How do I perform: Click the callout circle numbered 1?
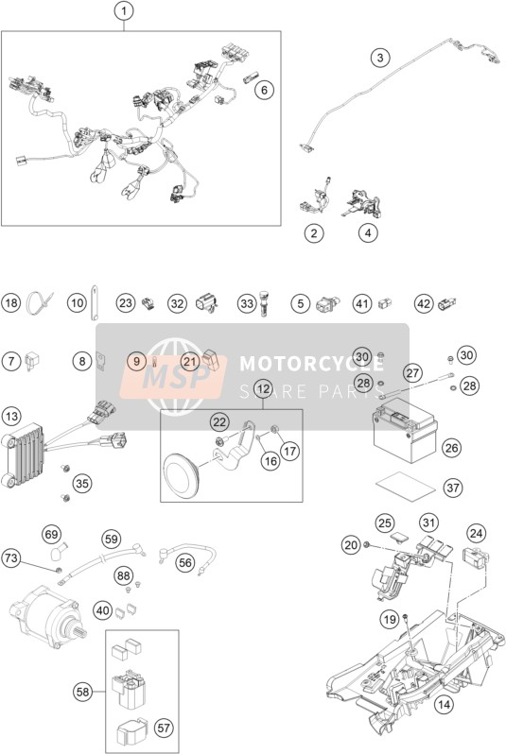(x=124, y=11)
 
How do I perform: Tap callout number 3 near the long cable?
(x=380, y=58)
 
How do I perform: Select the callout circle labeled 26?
(x=451, y=448)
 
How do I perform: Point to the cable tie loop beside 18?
(x=39, y=302)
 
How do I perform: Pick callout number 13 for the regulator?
(x=11, y=417)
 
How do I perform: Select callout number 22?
(x=219, y=422)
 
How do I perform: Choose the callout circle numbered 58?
(x=83, y=692)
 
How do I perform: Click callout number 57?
(x=164, y=728)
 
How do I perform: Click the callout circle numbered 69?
(x=51, y=534)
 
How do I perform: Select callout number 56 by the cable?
(x=185, y=562)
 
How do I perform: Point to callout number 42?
(x=424, y=303)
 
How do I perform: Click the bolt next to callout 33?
(x=262, y=303)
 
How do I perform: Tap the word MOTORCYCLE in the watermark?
(x=311, y=363)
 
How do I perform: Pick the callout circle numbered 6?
(x=264, y=90)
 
